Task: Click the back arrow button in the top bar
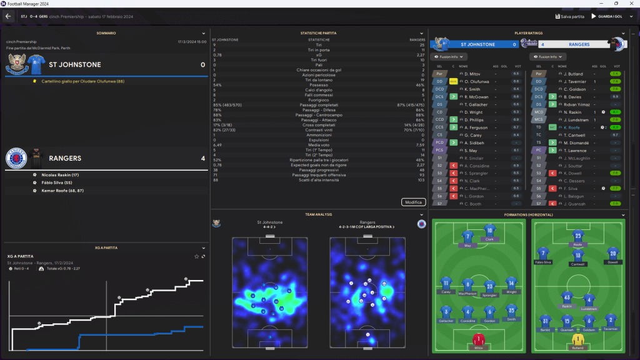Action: tap(8, 16)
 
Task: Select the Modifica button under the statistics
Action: tap(413, 202)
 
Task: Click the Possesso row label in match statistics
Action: tap(318, 85)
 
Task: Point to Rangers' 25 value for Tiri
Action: tap(422, 45)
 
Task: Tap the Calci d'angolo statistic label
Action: tap(318, 90)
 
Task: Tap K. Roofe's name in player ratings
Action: tap(572, 127)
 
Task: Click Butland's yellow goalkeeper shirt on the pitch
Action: tap(578, 339)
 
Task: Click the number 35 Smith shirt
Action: tap(511, 311)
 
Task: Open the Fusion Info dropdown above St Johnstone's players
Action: tap(448, 57)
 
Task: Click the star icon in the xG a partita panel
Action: tap(197, 256)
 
